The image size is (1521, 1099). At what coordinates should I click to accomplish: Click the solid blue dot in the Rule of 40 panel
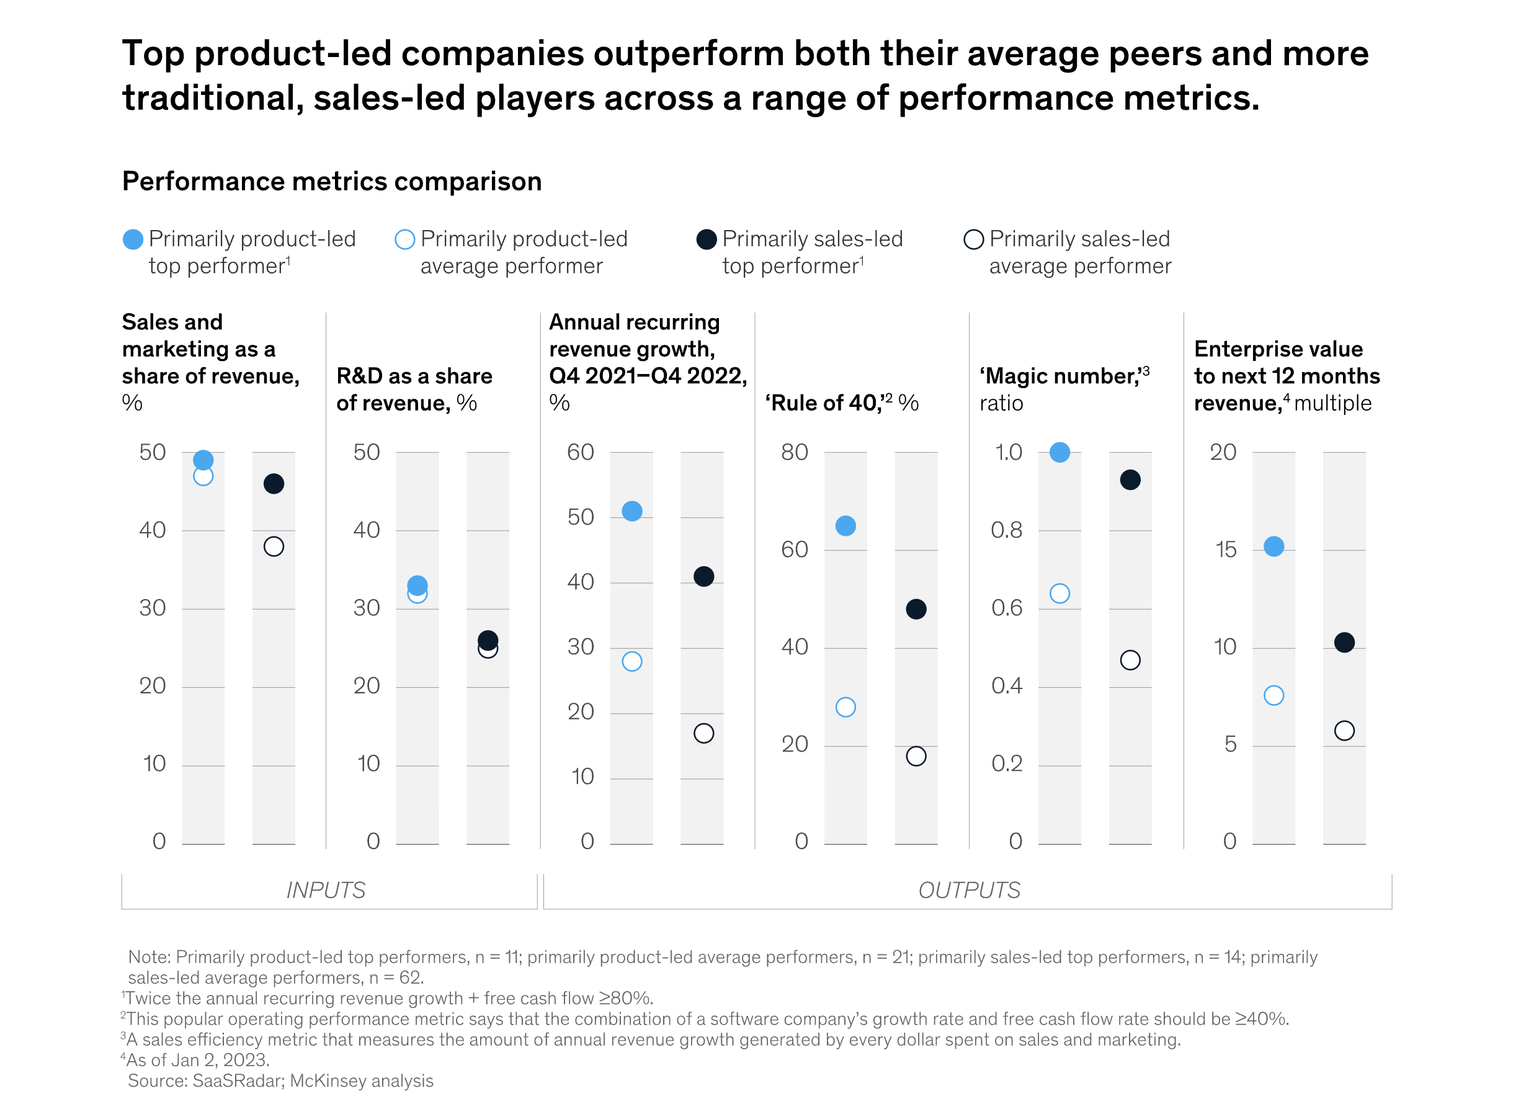(845, 526)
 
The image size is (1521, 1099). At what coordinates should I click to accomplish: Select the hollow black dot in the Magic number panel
(1130, 660)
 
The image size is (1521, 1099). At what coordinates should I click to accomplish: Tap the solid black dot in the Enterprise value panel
(1344, 643)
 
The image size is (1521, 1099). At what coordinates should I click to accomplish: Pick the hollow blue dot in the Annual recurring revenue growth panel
(631, 661)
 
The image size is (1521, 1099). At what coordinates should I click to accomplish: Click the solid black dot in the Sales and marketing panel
(274, 484)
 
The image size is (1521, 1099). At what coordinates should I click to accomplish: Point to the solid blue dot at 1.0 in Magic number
(1059, 453)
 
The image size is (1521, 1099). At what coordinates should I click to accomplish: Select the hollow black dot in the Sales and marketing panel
(274, 546)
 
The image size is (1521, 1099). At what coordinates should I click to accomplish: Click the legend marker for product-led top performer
(133, 239)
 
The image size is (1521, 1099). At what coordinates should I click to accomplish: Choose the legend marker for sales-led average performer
(973, 239)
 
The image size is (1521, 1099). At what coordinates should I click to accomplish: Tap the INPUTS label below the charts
(326, 890)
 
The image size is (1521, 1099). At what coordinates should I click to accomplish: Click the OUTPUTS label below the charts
(968, 890)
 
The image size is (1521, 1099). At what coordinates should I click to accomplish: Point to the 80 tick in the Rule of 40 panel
(794, 453)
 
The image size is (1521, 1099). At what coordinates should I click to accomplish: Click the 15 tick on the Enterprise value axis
(1225, 550)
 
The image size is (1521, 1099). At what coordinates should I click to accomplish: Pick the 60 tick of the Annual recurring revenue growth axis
(580, 453)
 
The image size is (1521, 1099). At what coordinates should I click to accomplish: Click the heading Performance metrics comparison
(331, 182)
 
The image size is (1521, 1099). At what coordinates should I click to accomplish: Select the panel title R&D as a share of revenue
(414, 389)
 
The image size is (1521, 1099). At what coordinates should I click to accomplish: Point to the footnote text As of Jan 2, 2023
(198, 1059)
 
